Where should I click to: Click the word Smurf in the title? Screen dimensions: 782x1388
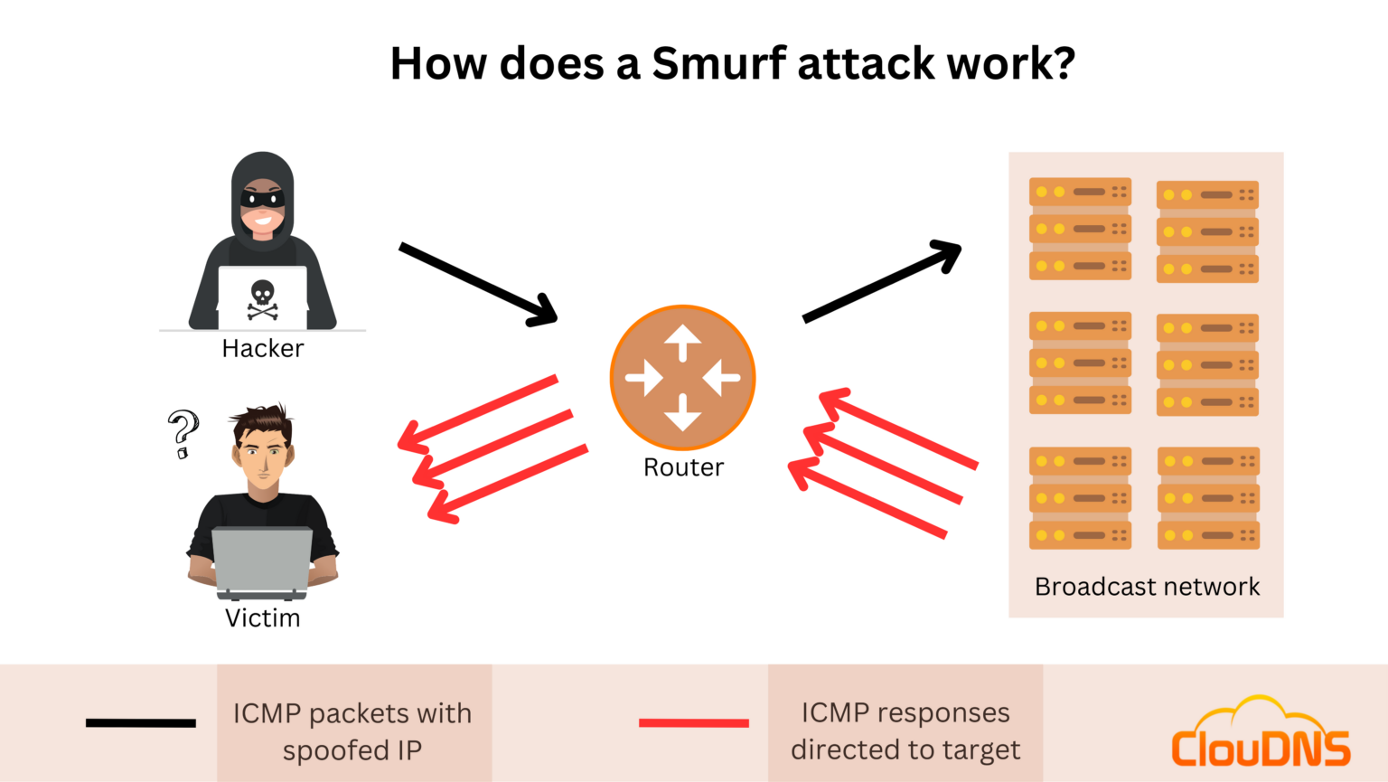tap(719, 64)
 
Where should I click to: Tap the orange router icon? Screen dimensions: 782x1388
tap(683, 378)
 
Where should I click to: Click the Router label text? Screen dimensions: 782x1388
tap(683, 467)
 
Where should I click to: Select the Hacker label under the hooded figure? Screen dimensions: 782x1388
tap(263, 349)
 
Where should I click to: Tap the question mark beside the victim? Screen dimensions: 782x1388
tap(183, 433)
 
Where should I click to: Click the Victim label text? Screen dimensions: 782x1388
tap(262, 618)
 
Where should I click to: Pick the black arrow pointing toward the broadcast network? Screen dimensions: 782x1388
tap(881, 281)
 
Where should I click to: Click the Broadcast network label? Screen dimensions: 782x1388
tap(1147, 588)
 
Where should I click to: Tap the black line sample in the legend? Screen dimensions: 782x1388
tap(141, 722)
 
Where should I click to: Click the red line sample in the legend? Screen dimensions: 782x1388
tap(693, 722)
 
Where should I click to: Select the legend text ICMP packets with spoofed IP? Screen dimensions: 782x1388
tap(352, 731)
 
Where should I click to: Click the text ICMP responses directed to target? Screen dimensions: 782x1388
tap(905, 731)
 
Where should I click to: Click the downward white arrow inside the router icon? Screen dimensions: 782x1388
tap(683, 414)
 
